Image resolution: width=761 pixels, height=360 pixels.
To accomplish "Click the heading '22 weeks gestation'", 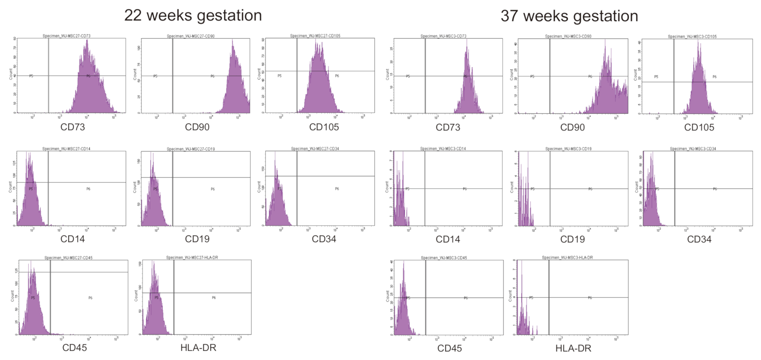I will click(193, 16).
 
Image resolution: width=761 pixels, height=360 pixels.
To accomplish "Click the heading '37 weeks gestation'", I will click(569, 16).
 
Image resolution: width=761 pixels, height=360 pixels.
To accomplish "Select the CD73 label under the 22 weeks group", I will click(73, 127).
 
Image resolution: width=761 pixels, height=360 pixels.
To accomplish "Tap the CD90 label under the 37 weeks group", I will click(572, 128).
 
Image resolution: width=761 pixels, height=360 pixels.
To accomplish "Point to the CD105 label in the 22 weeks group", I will click(324, 127).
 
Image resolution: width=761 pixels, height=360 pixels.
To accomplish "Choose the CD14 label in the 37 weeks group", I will click(448, 239).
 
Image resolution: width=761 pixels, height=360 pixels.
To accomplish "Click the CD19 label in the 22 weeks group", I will click(197, 239).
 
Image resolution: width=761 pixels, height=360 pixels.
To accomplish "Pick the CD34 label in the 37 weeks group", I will click(699, 239).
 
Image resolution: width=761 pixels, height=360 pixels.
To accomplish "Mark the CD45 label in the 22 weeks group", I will click(74, 348).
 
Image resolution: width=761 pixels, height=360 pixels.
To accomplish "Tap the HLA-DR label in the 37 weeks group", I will click(573, 348).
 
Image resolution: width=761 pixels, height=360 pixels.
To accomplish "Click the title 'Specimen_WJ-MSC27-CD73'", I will click(66, 36).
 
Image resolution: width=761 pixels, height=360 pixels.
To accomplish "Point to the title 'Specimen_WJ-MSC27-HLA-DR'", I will click(192, 258).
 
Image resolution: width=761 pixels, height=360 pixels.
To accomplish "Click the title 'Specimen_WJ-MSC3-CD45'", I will click(444, 258).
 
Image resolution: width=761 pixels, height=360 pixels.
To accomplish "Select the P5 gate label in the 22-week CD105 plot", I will click(279, 76).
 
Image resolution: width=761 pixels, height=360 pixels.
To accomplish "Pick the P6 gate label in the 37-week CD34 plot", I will click(715, 189).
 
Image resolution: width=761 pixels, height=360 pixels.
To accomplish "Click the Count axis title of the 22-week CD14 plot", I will click(10, 187).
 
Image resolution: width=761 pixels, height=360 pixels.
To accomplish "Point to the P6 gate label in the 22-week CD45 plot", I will click(90, 298).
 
